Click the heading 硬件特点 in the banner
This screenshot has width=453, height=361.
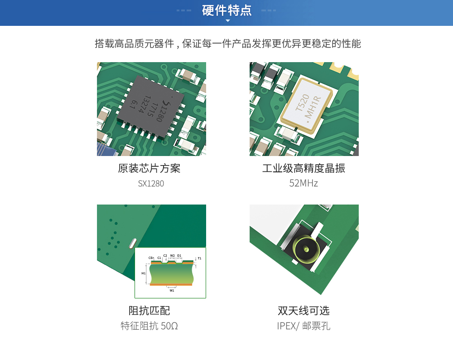coord(226,10)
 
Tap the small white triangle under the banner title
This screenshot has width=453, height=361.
coord(227,21)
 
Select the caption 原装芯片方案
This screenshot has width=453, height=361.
coord(149,169)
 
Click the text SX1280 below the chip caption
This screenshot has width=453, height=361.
coord(151,184)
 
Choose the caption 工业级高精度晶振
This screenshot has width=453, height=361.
coord(304,169)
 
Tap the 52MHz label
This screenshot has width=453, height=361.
coord(304,183)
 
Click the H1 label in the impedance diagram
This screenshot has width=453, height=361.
coord(144,273)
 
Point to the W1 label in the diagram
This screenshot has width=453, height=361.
coord(172,290)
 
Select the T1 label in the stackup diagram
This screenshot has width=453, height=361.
coord(199,259)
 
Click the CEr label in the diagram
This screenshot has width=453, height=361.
coord(151,258)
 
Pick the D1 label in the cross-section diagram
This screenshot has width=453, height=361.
coord(179,256)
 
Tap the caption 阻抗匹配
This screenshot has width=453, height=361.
coord(149,311)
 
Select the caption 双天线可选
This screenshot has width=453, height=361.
coord(304,311)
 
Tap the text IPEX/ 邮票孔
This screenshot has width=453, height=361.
coord(304,326)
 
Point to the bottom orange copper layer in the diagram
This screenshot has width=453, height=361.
coord(171,285)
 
